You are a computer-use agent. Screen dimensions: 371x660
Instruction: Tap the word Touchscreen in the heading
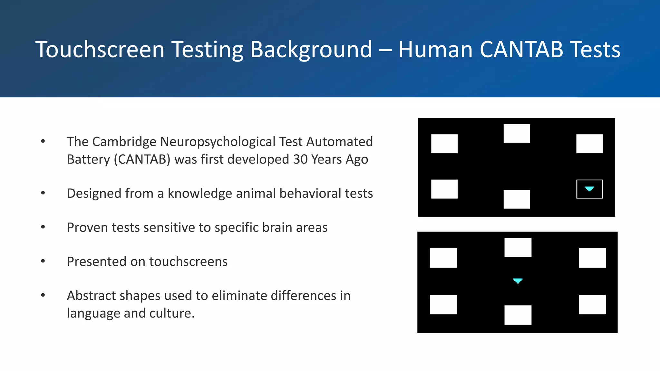(100, 50)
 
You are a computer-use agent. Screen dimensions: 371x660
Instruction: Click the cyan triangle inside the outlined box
(589, 189)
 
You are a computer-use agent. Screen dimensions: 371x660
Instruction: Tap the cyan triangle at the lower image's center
(518, 281)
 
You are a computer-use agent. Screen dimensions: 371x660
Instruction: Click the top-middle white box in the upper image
(517, 133)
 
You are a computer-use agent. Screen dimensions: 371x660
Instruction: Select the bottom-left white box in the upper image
(444, 189)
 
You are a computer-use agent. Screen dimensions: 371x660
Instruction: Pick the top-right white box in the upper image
(589, 144)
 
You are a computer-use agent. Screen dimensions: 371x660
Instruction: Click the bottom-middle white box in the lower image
(518, 315)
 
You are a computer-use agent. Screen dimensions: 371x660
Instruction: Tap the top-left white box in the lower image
(443, 258)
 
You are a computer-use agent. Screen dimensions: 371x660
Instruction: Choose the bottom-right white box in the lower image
(592, 304)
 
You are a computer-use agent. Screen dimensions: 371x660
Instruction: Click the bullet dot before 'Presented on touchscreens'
(43, 261)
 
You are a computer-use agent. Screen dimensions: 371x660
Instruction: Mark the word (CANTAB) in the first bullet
(142, 159)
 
